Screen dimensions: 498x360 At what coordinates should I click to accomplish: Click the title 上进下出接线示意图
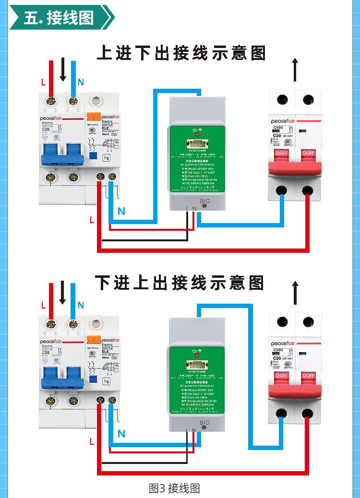coord(181,52)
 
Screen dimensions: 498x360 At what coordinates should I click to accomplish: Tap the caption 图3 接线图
coord(174,488)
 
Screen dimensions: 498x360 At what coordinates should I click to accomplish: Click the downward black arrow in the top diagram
coord(62,70)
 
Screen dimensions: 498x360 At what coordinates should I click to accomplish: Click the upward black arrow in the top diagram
coord(295,70)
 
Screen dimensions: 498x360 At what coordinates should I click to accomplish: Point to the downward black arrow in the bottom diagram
coord(62,293)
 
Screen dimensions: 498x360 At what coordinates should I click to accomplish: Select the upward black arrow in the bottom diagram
coord(295,293)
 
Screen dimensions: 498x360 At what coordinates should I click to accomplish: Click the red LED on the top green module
coord(196,134)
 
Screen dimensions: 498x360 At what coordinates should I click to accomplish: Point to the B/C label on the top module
coord(204,201)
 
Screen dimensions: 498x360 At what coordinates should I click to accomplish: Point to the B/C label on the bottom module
coord(204,423)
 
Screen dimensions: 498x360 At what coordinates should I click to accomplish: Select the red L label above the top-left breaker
coord(44,82)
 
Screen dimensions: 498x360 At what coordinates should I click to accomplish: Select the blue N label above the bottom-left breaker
coord(81,305)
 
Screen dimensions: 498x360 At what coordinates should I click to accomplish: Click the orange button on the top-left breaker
coord(91,116)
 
